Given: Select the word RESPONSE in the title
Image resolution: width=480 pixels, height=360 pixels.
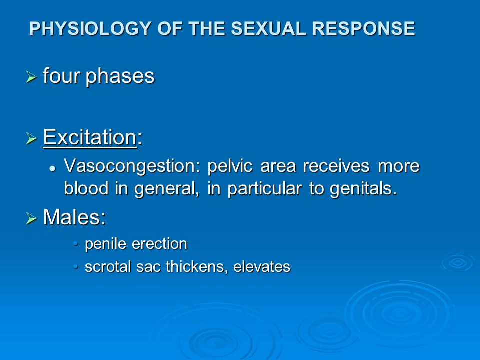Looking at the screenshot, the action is (363, 29).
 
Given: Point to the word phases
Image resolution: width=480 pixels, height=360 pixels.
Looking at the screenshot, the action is (120, 76).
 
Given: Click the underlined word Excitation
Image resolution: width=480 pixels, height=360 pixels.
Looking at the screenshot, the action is (90, 137).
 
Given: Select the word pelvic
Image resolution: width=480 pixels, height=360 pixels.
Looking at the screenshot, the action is (230, 166).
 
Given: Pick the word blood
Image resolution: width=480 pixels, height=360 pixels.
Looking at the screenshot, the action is (86, 188).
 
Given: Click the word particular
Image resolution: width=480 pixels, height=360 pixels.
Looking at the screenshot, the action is (265, 189).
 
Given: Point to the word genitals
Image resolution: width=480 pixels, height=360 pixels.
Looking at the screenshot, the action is (363, 189).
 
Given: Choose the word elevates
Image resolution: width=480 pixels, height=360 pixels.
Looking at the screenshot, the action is (261, 267).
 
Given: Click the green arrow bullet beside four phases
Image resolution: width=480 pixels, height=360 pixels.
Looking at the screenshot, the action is (32, 77).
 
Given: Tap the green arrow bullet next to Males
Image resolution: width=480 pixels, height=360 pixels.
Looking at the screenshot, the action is (32, 218).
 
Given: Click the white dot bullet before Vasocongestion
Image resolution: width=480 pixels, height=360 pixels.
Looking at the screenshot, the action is (53, 168).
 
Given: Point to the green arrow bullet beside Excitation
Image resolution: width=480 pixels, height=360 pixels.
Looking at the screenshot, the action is (32, 138).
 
